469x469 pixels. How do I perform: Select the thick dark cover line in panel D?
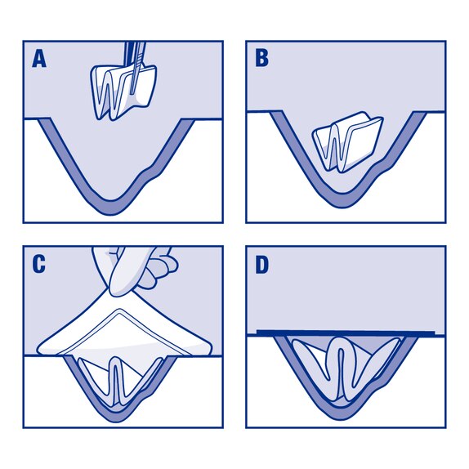tap(343, 333)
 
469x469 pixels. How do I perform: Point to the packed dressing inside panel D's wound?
tap(343, 368)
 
